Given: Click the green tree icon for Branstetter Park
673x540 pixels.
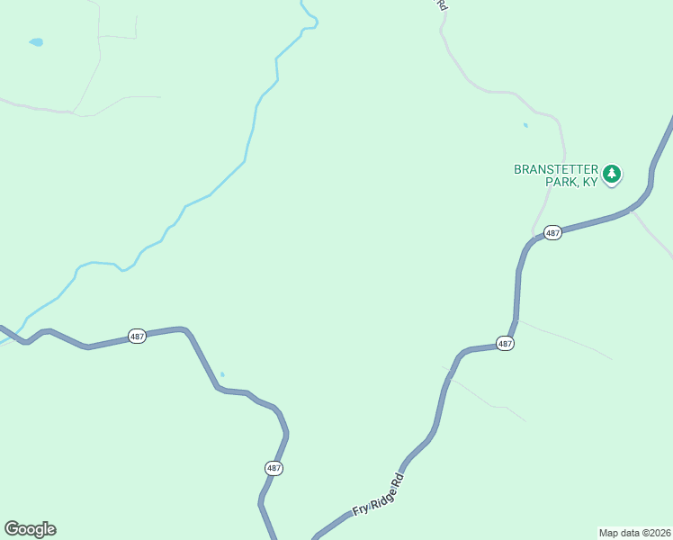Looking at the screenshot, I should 612,174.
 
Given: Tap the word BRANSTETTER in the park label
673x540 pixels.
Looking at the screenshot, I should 554,168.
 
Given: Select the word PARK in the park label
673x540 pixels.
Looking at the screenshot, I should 561,182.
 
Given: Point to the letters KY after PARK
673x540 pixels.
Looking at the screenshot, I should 590,182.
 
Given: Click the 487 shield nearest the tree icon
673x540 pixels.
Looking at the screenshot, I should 552,233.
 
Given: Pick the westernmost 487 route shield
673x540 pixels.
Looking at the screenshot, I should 137,336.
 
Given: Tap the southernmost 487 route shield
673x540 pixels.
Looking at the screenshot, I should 274,468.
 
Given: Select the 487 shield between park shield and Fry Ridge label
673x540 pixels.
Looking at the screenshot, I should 505,344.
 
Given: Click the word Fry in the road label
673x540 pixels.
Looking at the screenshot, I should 360,508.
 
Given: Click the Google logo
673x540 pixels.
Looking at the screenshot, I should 30,529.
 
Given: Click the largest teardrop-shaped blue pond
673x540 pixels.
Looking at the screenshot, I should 36,42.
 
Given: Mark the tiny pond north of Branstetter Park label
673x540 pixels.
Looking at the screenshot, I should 525,125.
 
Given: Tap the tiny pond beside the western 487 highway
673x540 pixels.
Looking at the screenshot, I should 222,374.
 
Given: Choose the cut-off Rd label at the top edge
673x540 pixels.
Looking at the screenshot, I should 442,4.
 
